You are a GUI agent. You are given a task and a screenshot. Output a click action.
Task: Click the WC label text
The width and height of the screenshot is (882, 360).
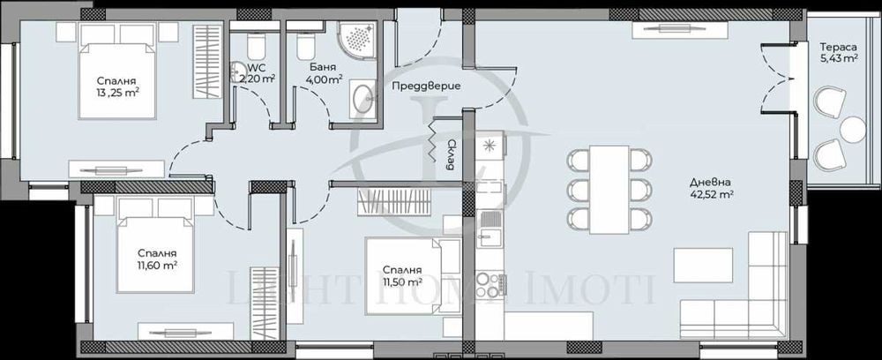pyautogui.click(x=257, y=67)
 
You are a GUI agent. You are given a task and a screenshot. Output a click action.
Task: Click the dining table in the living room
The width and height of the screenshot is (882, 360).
pyautogui.click(x=609, y=190)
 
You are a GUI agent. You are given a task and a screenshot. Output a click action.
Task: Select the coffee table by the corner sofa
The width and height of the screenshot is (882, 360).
pyautogui.click(x=702, y=262)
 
